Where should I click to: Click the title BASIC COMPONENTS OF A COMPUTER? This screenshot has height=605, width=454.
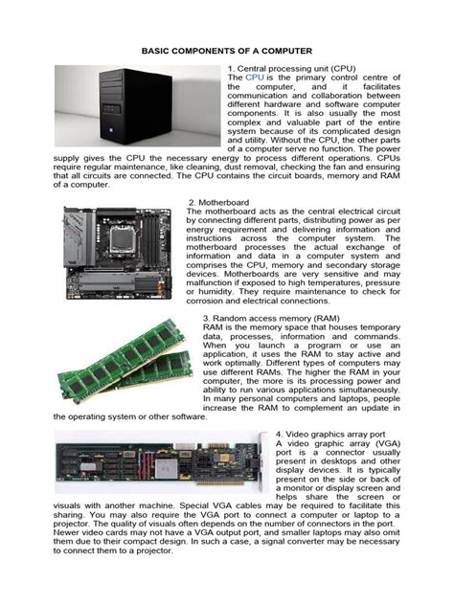coord(227,47)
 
